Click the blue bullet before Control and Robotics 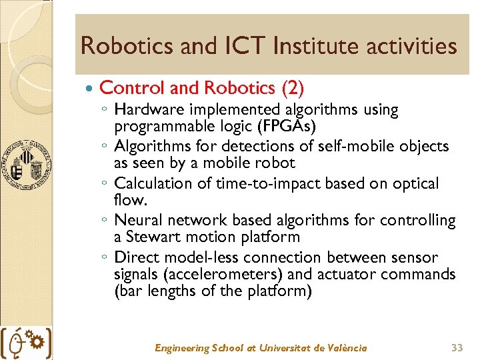[89, 88]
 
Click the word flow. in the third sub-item [129, 200]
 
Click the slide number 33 [457, 347]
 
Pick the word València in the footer [345, 347]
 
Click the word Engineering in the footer [181, 347]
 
